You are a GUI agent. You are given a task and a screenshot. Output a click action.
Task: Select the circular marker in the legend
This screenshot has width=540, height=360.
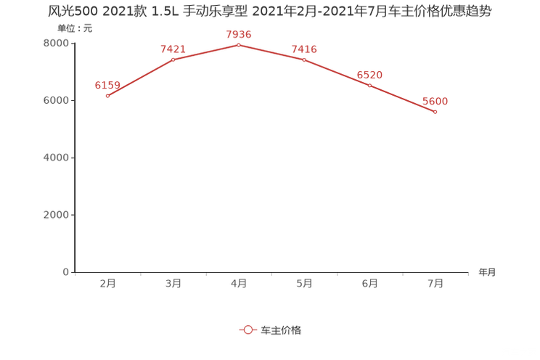[x=248, y=330]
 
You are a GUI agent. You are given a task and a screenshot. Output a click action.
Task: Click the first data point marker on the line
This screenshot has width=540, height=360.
[x=107, y=97]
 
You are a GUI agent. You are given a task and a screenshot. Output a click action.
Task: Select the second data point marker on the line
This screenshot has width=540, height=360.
[x=173, y=60]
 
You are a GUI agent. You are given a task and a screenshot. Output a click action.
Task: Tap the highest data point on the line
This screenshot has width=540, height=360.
[x=238, y=45]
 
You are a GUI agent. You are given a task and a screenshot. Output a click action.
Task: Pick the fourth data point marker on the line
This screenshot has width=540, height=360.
[x=304, y=60]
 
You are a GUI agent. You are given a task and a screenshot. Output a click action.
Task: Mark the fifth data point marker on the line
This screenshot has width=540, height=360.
[x=369, y=85]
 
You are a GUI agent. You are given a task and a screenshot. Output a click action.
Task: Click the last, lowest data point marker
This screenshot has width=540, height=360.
[x=435, y=112]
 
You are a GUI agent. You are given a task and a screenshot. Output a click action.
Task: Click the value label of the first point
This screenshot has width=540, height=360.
[x=106, y=85]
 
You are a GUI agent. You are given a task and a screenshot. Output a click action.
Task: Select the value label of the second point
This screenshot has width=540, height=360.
[x=173, y=49]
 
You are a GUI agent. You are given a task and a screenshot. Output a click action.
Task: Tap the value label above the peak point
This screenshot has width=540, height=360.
[x=239, y=34]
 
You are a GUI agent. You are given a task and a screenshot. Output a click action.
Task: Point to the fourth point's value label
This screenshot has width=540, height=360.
[x=304, y=49]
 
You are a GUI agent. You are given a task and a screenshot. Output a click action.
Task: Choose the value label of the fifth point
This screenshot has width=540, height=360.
[x=370, y=74]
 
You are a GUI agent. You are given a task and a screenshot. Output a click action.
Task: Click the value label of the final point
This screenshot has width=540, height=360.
[x=435, y=101]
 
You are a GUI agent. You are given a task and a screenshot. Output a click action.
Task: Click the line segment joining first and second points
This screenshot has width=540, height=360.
[x=140, y=78]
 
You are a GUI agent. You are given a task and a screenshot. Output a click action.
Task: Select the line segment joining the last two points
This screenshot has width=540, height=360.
[x=402, y=99]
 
